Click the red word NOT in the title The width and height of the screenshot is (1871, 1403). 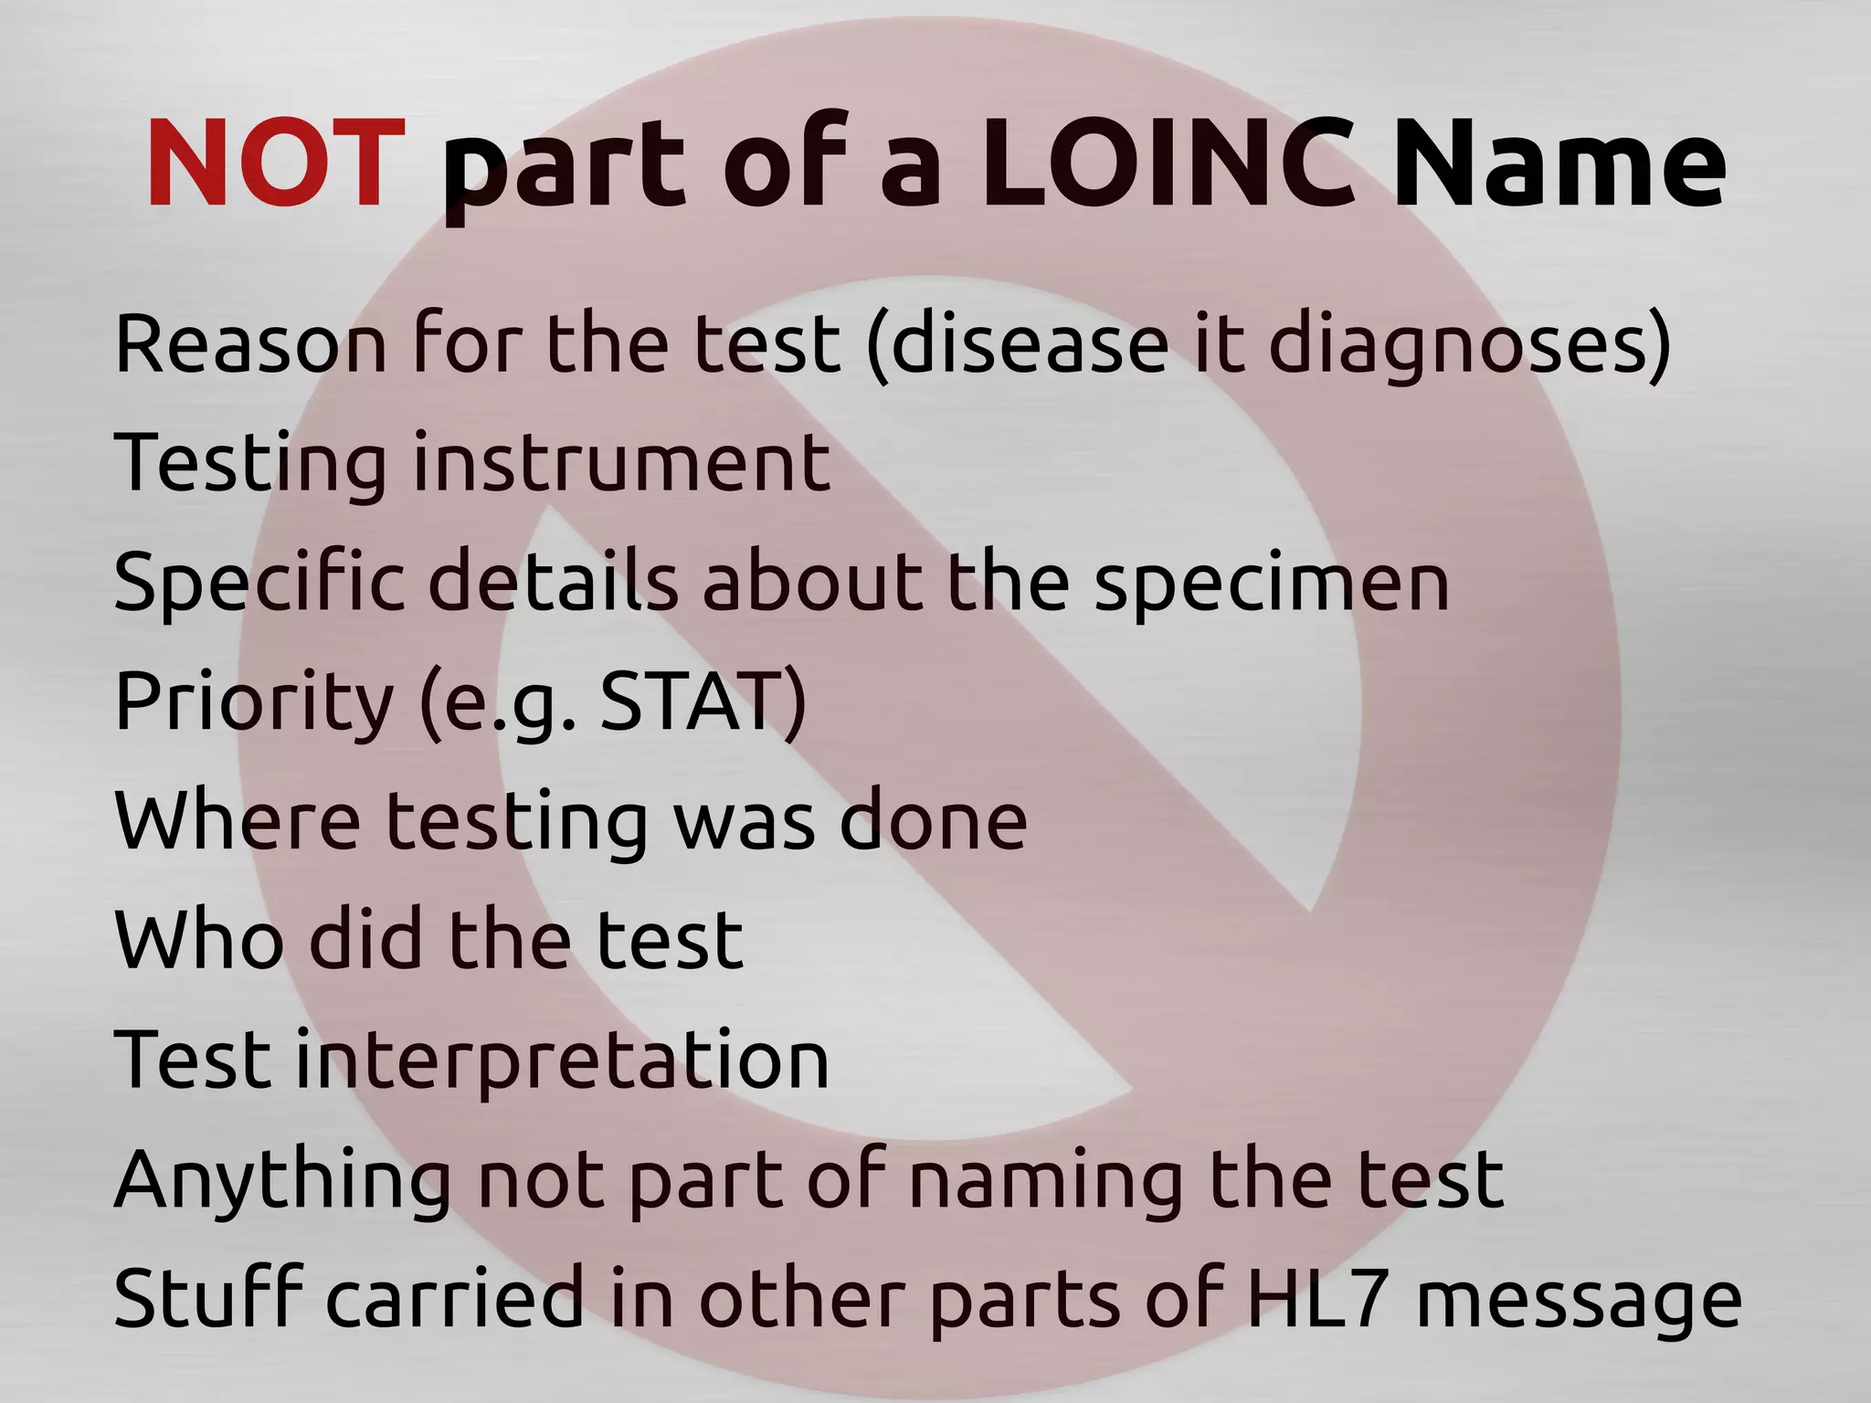[275, 165]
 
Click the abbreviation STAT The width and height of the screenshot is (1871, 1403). [691, 701]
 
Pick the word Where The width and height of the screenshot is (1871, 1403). [238, 820]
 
